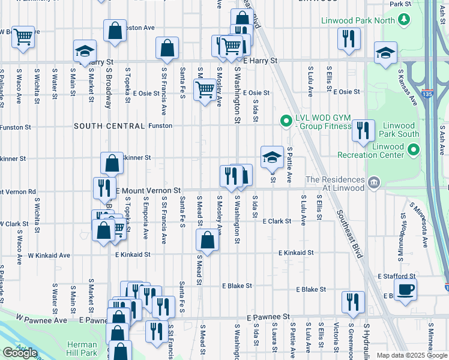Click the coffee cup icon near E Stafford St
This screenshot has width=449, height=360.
tap(405, 288)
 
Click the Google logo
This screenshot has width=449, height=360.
tap(20, 353)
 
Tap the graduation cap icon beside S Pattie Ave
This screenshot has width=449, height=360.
tap(271, 158)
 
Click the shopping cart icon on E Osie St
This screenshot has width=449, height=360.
tap(205, 90)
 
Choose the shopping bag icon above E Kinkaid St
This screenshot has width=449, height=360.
tap(207, 241)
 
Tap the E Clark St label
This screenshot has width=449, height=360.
tap(277, 221)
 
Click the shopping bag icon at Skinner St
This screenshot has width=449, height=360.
tap(112, 163)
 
